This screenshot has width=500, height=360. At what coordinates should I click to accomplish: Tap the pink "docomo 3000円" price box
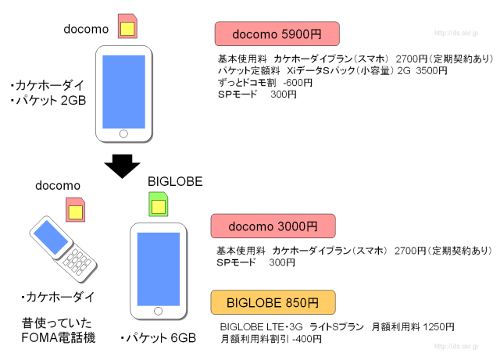point(273,226)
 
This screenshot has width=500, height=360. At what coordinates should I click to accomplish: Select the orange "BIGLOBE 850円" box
point(273,302)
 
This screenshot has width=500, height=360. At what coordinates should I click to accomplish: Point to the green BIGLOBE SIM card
point(159,205)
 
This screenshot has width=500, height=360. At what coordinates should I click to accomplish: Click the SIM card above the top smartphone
point(126,27)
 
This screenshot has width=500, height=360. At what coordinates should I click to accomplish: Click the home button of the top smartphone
point(123,134)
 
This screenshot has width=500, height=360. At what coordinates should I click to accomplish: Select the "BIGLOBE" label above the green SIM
point(175,182)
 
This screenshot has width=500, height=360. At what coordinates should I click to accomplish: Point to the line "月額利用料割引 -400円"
point(270,339)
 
